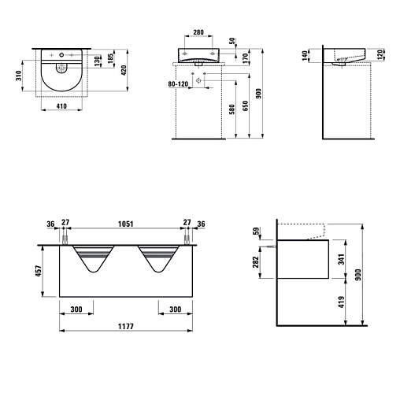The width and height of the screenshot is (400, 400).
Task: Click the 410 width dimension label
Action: point(61,106)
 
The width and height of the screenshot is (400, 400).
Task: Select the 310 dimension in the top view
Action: point(19,76)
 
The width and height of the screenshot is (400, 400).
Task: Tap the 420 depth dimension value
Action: point(124,70)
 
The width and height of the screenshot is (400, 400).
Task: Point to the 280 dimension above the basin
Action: point(198,32)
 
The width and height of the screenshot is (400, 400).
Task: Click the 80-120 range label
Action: point(178,84)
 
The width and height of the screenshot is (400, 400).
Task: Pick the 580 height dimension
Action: point(231,109)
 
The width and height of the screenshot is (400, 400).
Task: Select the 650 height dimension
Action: point(245,106)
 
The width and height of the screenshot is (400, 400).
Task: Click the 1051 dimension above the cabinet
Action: point(125,224)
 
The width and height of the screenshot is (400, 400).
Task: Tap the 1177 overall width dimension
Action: point(126,326)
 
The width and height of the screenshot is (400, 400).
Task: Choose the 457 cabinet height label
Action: point(39,271)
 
